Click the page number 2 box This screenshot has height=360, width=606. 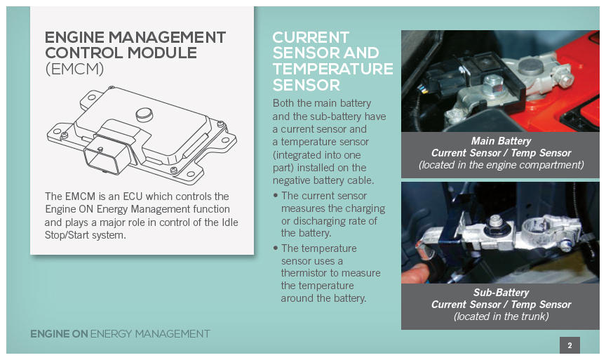(570, 345)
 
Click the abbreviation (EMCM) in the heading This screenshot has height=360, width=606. (74, 69)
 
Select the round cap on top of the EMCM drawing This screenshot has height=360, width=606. (144, 114)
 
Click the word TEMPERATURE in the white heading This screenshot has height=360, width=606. (332, 69)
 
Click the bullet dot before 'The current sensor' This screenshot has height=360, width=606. (276, 195)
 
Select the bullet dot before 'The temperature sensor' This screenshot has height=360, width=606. (276, 248)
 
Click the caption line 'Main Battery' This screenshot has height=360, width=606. (501, 141)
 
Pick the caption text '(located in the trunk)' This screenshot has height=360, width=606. (501, 316)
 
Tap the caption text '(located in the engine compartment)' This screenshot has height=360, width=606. (501, 165)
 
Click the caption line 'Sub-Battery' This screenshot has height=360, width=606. (501, 293)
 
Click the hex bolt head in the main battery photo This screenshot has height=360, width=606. (494, 84)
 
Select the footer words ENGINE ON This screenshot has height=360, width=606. (59, 334)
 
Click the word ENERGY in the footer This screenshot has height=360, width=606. (112, 334)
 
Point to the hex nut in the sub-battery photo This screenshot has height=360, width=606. (496, 223)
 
